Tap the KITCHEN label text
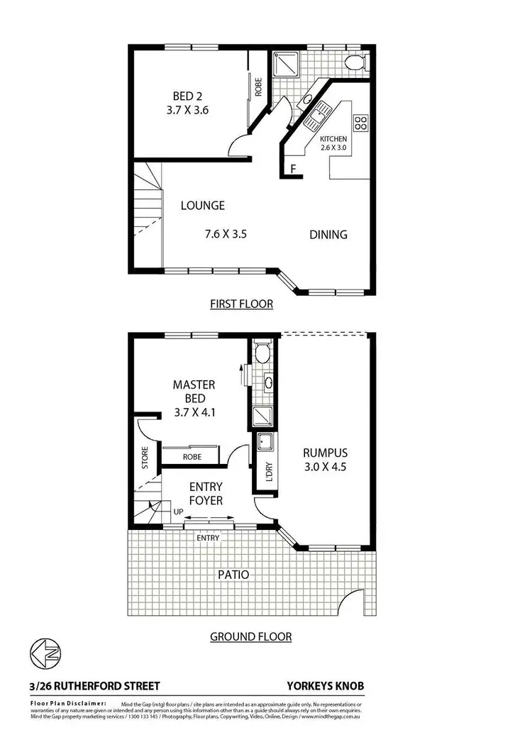click(x=333, y=138)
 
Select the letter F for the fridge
click(x=292, y=169)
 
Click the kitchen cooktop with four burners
click(x=360, y=124)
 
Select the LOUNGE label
click(x=202, y=206)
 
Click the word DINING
click(x=328, y=234)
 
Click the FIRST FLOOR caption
click(x=241, y=304)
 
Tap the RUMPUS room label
click(x=325, y=452)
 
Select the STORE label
click(x=145, y=458)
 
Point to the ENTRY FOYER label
click(x=206, y=494)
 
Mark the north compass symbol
click(x=44, y=653)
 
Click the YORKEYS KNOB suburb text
click(x=325, y=686)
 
